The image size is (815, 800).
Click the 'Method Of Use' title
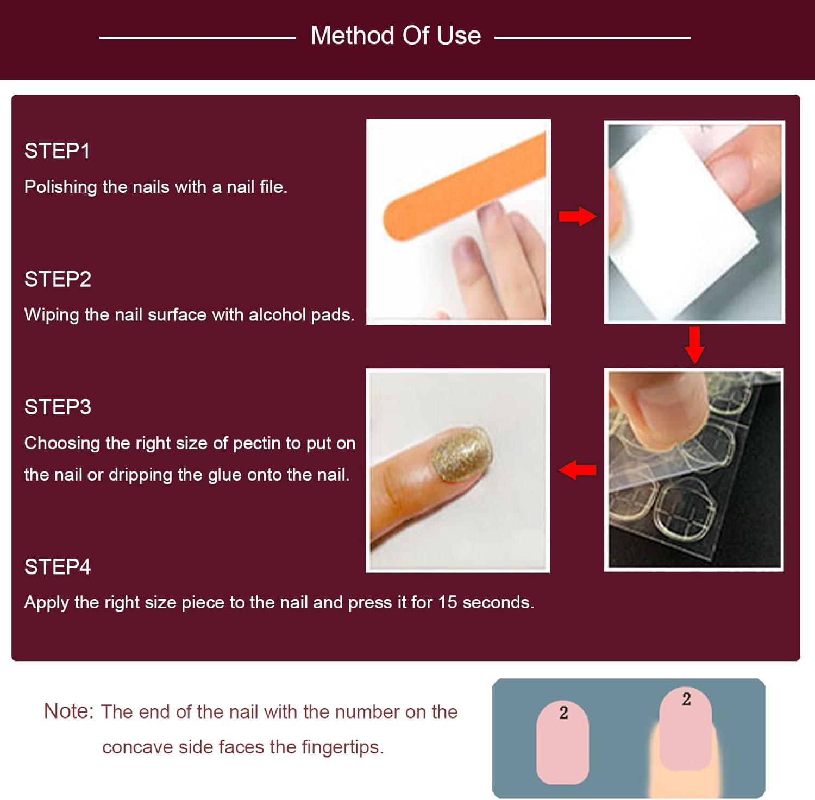(396, 36)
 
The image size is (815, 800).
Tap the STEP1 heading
(57, 151)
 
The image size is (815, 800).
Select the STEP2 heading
(58, 279)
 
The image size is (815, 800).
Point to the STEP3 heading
(58, 407)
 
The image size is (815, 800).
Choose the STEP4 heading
(58, 567)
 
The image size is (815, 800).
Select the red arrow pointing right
(577, 216)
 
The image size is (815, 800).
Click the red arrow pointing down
(694, 345)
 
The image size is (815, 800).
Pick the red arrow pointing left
(577, 470)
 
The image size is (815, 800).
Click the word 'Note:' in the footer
(68, 711)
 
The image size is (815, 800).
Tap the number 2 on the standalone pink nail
(563, 713)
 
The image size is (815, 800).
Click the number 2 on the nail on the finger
(686, 699)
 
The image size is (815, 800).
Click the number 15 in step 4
(447, 602)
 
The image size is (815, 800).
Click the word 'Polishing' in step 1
(60, 187)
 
